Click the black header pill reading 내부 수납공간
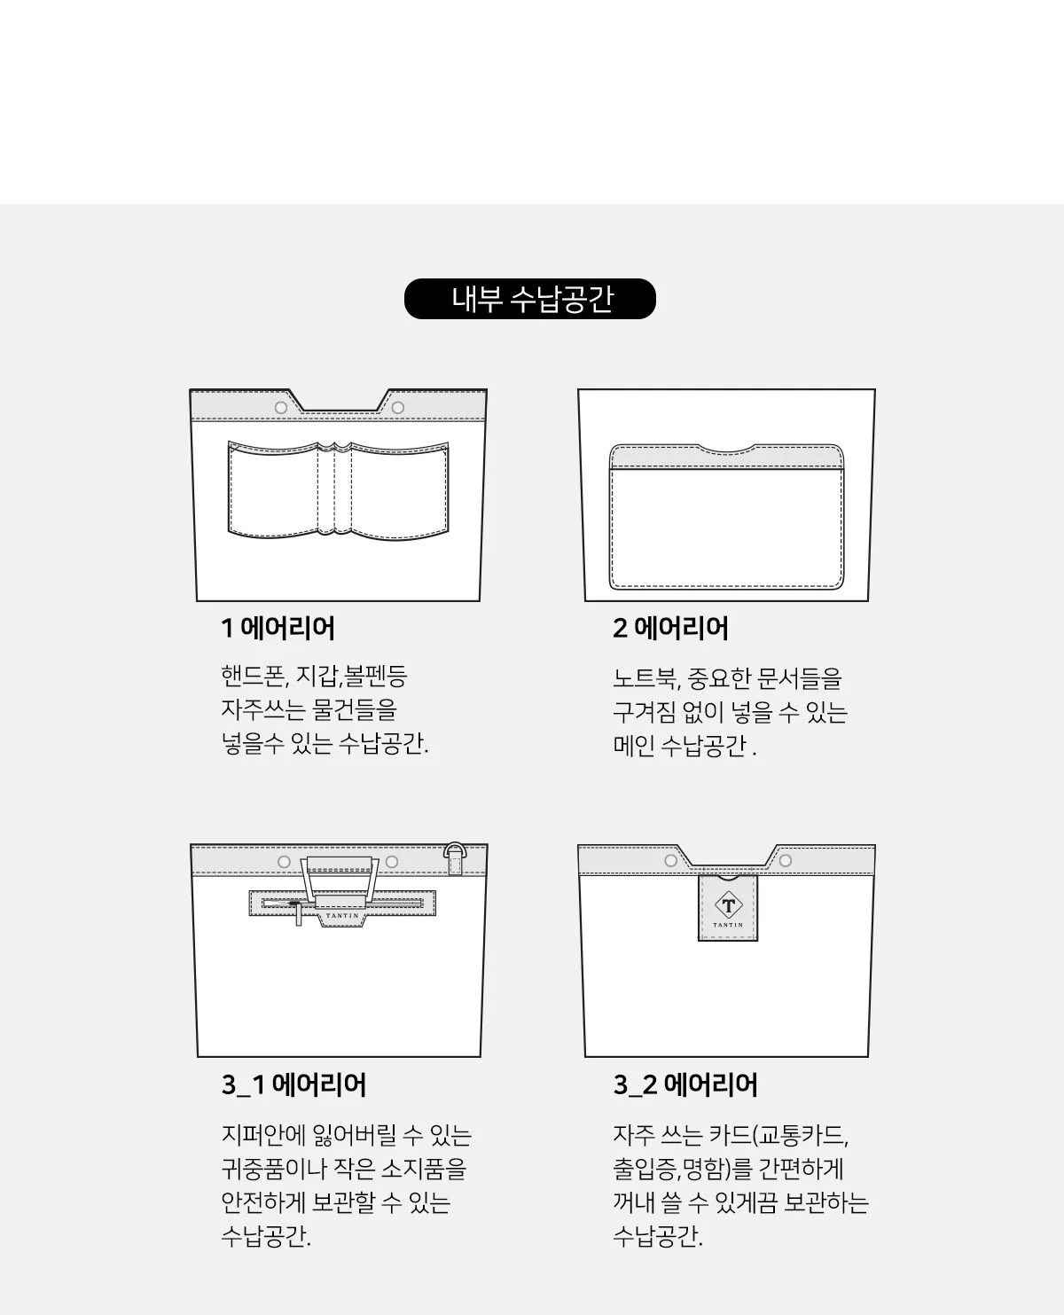[529, 299]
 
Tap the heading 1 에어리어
[278, 629]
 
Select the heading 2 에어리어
[670, 629]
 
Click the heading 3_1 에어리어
[293, 1084]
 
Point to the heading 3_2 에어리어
[685, 1084]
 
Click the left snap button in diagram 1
[281, 408]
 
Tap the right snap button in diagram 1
[398, 408]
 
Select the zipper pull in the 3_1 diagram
[299, 912]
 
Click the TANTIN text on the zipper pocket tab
[342, 916]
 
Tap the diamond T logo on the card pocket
[728, 905]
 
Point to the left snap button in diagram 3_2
[671, 861]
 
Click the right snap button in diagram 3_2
[785, 861]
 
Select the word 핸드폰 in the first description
[253, 677]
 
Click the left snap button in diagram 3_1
[284, 862]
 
